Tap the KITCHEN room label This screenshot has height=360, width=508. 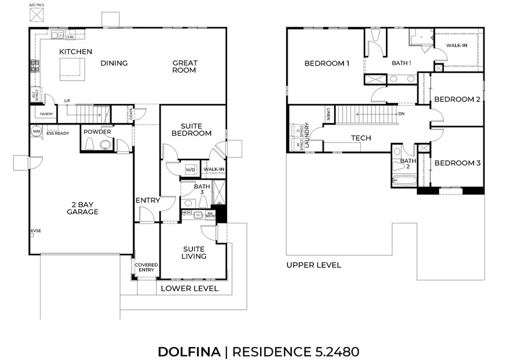pyautogui.click(x=75, y=52)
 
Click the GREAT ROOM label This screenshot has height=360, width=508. pyautogui.click(x=185, y=67)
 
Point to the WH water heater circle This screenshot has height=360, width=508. pyautogui.click(x=36, y=131)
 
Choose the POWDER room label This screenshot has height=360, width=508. pyautogui.click(x=97, y=132)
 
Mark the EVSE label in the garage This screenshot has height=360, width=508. pyautogui.click(x=36, y=231)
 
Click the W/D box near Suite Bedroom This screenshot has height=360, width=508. pyautogui.click(x=190, y=170)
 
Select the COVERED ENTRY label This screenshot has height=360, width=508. pyautogui.click(x=146, y=268)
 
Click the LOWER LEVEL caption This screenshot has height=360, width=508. pyautogui.click(x=190, y=288)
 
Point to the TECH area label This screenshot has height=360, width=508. pyautogui.click(x=361, y=138)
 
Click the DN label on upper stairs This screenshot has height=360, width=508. pyautogui.click(x=401, y=114)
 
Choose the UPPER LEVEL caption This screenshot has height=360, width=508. pyautogui.click(x=314, y=265)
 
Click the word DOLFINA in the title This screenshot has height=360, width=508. pyautogui.click(x=189, y=352)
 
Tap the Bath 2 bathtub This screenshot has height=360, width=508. pyautogui.click(x=405, y=181)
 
